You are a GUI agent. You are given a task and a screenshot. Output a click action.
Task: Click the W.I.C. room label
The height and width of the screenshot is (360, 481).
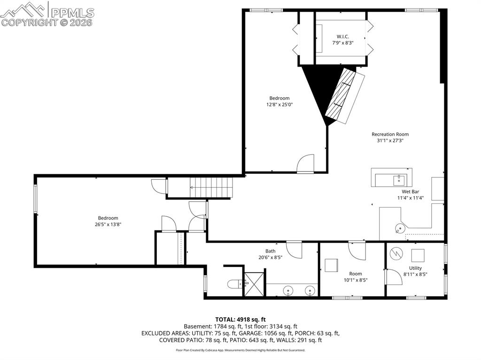(342, 37)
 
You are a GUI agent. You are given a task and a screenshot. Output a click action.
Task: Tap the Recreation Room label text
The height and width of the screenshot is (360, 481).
(390, 134)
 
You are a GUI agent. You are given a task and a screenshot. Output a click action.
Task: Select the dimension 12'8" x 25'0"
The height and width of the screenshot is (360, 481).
(279, 105)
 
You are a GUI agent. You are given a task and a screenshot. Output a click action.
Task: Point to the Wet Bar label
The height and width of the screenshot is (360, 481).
(410, 191)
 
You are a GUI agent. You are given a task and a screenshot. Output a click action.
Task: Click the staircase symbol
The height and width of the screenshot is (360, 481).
(211, 187)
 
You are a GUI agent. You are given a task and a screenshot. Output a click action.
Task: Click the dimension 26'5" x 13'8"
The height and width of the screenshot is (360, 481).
(108, 224)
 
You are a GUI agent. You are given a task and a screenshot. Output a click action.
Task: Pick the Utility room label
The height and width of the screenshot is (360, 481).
(415, 268)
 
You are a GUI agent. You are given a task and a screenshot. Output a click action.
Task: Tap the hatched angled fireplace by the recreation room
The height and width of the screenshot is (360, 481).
(346, 95)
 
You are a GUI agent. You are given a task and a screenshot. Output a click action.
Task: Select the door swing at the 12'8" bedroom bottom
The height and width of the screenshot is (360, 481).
(305, 164)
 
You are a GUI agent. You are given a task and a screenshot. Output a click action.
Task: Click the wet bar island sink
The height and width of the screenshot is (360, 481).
(399, 178)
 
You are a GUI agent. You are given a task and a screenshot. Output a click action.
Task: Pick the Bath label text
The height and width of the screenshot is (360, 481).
(270, 251)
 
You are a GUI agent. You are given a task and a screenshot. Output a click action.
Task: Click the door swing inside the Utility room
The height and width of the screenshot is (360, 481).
(393, 276)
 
